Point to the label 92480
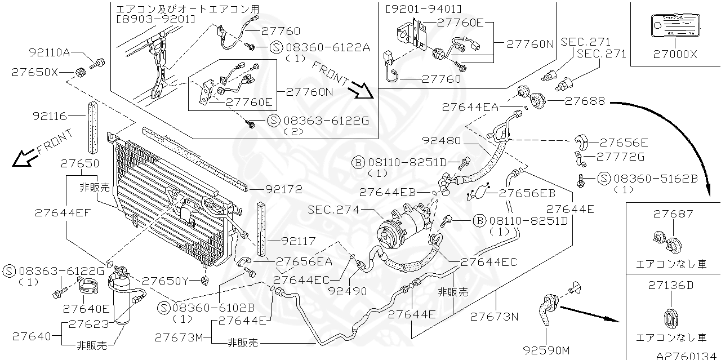442,141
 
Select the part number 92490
347,291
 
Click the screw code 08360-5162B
656,179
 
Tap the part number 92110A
49,53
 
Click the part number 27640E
86,308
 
